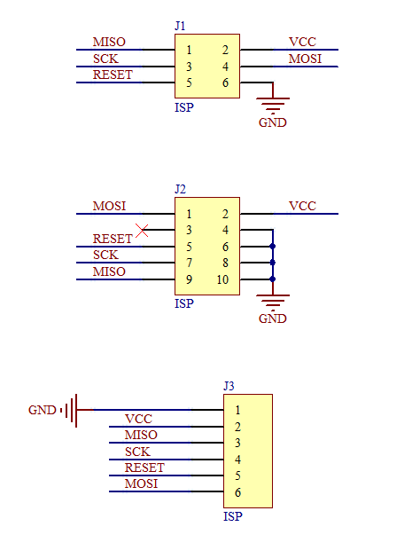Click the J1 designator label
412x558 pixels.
[181, 27]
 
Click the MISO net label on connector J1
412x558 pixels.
[109, 43]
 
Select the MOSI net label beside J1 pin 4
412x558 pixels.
[305, 59]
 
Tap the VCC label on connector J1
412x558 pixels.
[302, 43]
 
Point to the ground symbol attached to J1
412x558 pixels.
[273, 104]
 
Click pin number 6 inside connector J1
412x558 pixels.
[226, 83]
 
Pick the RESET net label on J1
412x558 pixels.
[113, 75]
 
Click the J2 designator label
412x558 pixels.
[181, 189]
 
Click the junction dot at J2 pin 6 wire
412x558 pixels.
[273, 247]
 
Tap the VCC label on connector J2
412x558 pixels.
[302, 206]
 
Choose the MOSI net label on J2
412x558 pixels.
[109, 206]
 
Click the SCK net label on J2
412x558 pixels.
[105, 255]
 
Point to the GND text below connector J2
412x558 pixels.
[273, 319]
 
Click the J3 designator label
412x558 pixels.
[229, 386]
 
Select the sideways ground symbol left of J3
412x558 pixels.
[71, 410]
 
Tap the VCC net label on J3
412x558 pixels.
[138, 419]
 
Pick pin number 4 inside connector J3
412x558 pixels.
[237, 460]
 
